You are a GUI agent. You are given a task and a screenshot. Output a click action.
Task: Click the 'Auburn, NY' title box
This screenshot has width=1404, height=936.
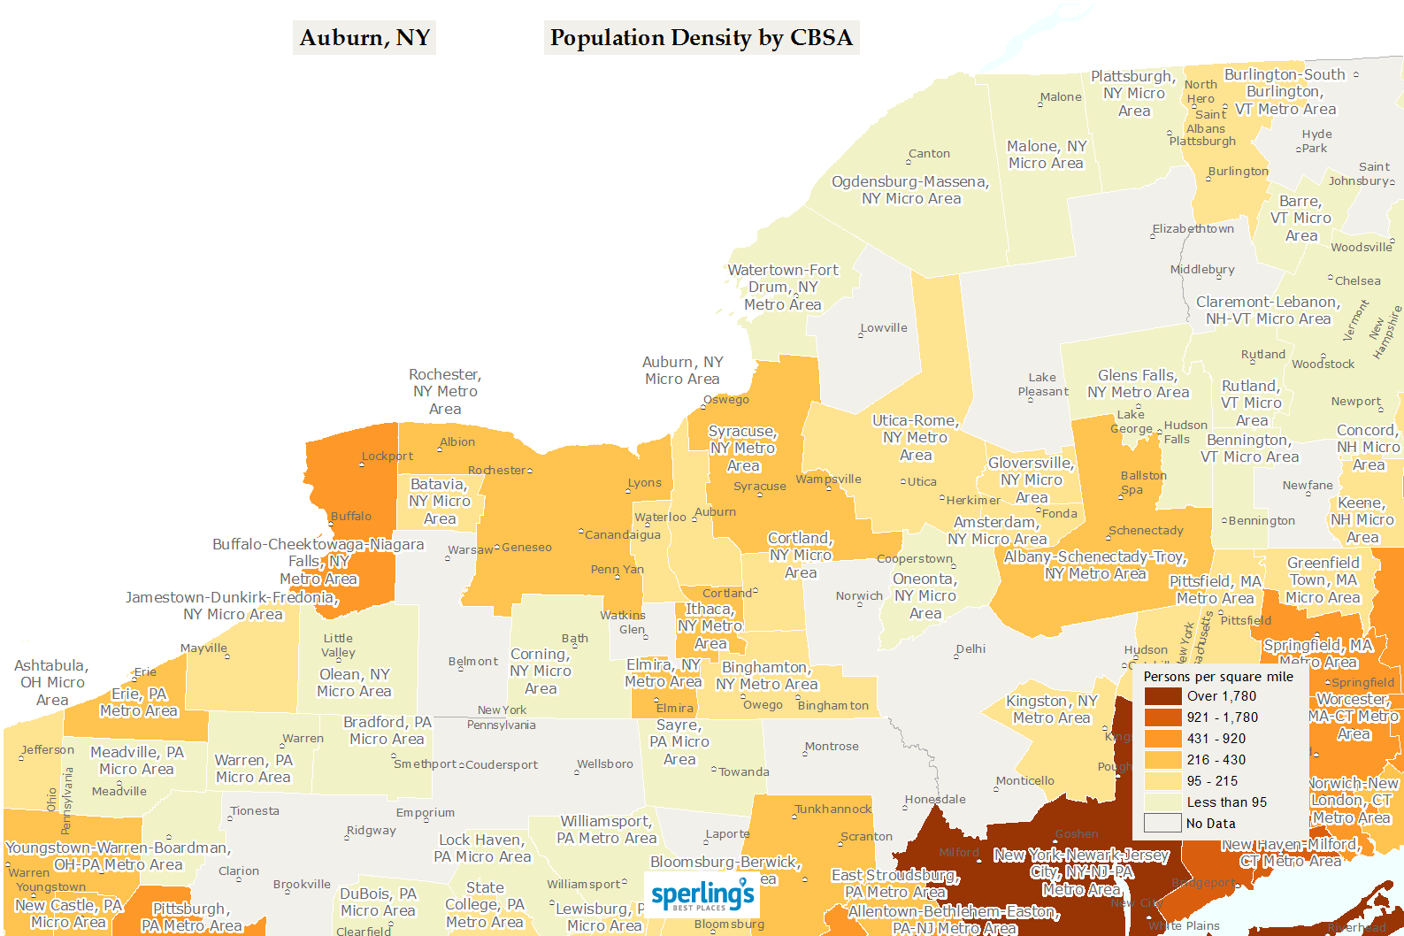click(364, 38)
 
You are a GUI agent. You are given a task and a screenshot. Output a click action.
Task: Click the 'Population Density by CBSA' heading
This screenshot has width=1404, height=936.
click(701, 38)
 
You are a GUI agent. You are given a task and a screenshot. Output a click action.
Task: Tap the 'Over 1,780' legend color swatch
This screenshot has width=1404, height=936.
click(1162, 696)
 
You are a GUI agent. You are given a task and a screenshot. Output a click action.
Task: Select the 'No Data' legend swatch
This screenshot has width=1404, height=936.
click(1162, 824)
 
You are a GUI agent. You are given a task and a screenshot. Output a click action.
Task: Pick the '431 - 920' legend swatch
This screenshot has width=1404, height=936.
click(1162, 739)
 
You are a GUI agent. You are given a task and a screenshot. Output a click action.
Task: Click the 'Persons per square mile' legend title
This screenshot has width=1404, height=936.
click(1218, 677)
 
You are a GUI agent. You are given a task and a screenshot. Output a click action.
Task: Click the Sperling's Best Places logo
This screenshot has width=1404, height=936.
click(702, 895)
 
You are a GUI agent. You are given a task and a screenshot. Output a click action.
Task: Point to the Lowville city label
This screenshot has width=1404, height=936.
click(884, 328)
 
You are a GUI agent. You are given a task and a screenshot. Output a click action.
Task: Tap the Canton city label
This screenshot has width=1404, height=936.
click(929, 154)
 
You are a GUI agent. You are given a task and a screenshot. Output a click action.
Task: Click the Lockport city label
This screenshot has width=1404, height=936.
click(387, 456)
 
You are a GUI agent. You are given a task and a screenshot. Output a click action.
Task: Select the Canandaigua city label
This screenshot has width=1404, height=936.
click(623, 535)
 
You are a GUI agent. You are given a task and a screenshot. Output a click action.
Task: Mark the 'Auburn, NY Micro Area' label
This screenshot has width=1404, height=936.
click(682, 371)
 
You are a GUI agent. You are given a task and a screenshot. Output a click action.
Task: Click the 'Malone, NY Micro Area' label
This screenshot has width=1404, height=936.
click(1046, 155)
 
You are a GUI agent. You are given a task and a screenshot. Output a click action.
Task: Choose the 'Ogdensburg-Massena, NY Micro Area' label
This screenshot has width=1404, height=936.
click(910, 190)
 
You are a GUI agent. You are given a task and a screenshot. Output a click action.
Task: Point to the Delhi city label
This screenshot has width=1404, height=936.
click(971, 649)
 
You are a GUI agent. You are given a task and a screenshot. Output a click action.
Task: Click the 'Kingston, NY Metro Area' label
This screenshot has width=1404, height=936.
click(1051, 710)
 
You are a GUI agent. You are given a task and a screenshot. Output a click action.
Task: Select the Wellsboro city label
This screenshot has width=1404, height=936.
click(605, 764)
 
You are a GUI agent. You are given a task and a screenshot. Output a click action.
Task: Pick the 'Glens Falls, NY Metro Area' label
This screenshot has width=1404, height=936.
click(1138, 384)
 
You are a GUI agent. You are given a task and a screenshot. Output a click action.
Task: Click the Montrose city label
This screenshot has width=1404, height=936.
click(832, 747)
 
